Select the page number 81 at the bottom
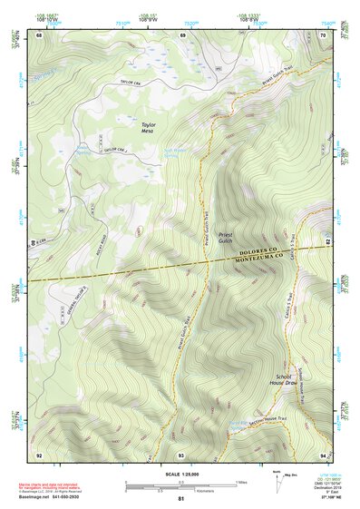(181, 500)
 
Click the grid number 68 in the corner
(39, 35)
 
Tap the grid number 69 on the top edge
(182, 35)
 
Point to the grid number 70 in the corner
(324, 35)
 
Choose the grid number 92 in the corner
(39, 454)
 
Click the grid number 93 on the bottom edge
(181, 454)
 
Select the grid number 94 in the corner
(324, 454)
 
